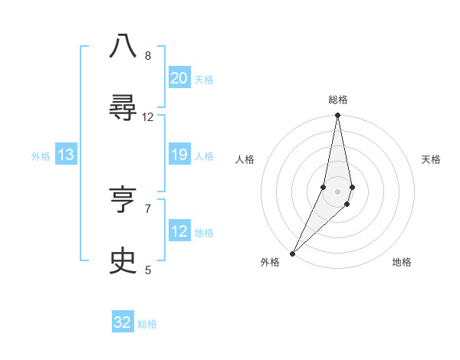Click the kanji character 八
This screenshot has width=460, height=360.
(x=123, y=46)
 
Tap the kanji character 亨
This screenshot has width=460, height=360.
(x=123, y=200)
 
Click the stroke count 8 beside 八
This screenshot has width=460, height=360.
(x=148, y=55)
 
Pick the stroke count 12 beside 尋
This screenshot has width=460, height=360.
(x=148, y=116)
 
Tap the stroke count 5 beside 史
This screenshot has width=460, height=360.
(x=148, y=270)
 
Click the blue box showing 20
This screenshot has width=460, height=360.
(x=179, y=78)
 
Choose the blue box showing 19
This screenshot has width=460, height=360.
(x=179, y=155)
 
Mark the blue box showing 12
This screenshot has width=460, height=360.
(x=179, y=231)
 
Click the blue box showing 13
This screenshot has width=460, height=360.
(x=66, y=155)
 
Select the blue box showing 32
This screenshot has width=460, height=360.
(x=123, y=322)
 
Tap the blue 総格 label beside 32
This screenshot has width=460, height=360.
(x=147, y=324)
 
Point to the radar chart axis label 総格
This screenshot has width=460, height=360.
(x=338, y=100)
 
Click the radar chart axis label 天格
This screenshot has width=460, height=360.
(x=432, y=159)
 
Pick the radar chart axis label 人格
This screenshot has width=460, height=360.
(x=245, y=159)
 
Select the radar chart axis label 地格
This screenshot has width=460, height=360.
(x=402, y=262)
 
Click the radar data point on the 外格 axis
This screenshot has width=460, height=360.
(x=292, y=253)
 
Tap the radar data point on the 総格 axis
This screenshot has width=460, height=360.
(x=338, y=116)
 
